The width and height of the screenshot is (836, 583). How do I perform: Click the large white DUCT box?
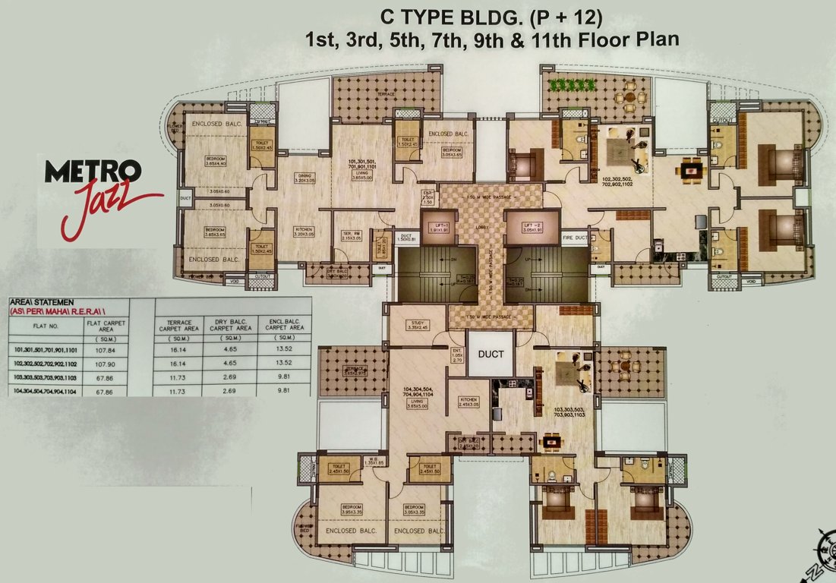(490, 354)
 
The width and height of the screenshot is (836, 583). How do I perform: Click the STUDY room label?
(418, 324)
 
